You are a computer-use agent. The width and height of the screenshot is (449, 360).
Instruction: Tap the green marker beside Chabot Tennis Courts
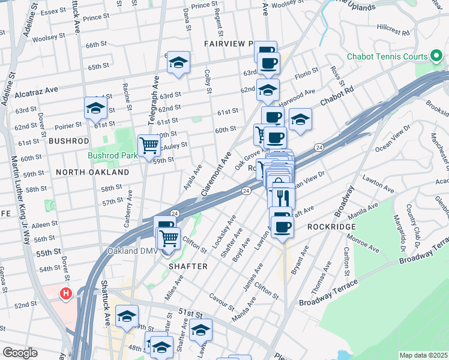pos(436,57)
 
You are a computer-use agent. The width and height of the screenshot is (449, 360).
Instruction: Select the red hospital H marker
pos(67,294)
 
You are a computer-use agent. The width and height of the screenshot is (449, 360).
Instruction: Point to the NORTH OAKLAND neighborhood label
pos(92,172)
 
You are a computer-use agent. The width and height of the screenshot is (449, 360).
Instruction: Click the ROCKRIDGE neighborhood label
pos(332,227)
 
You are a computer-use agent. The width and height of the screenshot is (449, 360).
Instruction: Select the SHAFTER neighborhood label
pos(188,266)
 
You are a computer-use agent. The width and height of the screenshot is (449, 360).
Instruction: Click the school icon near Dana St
pos(178,62)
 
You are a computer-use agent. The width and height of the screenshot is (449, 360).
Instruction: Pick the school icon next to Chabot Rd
pos(300,119)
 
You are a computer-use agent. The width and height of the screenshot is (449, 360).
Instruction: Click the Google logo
pos(20,353)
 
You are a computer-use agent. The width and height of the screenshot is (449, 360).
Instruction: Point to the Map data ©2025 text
pos(423,355)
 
